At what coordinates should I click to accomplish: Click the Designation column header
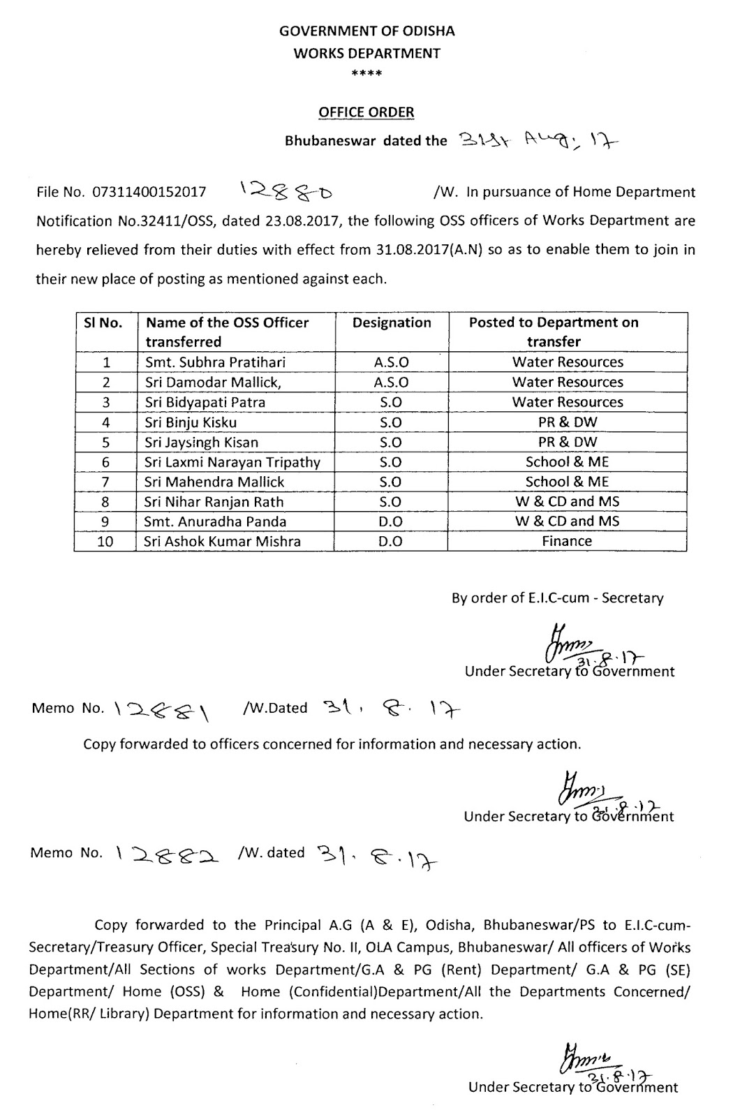coord(392,323)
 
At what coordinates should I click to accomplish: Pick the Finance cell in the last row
coord(567,541)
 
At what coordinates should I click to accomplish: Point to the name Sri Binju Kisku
coord(191,422)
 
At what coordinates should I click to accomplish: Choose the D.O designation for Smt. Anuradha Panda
coord(392,521)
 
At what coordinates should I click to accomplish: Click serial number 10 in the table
coord(105,541)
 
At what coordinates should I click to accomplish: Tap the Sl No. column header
coord(103,323)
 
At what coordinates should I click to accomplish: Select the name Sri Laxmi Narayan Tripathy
coord(232,462)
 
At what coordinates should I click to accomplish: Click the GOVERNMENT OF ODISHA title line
coord(366,31)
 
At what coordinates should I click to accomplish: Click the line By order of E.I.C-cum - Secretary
coord(557,598)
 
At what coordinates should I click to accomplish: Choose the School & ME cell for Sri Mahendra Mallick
coord(567,482)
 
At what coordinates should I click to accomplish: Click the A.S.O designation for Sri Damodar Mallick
coord(392,383)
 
